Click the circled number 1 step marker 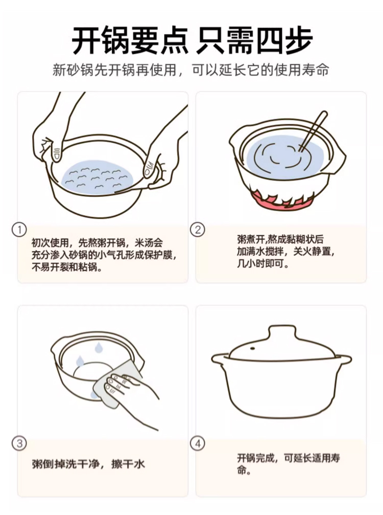coord(19,230)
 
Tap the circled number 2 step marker coord(198,230)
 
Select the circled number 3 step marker coord(19,443)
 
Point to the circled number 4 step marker coord(198,443)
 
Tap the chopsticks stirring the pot coord(313,131)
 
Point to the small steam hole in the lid coord(252,348)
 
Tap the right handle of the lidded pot coord(343,359)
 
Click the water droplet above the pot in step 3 coord(98,347)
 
